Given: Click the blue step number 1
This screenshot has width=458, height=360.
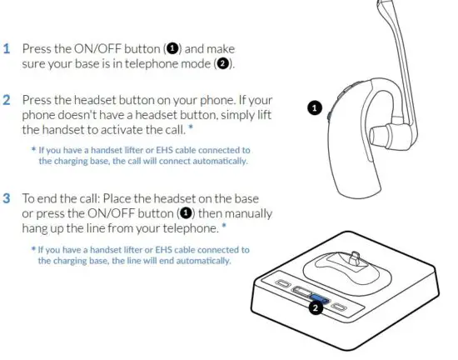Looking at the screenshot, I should point(6,48).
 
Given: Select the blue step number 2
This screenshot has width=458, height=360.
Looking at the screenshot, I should point(6,100).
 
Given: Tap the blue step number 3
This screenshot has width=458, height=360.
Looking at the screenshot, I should point(6,199).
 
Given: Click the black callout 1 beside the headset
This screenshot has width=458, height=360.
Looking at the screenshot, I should point(315,107).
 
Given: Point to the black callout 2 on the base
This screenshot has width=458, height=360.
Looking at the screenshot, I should point(316,307).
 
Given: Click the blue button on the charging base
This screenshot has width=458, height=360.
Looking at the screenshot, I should point(318,296).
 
